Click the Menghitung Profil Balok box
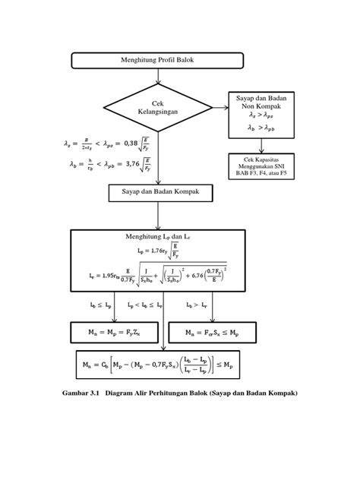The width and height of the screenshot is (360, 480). (x=158, y=61)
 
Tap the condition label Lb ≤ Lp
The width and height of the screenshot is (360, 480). (x=95, y=305)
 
